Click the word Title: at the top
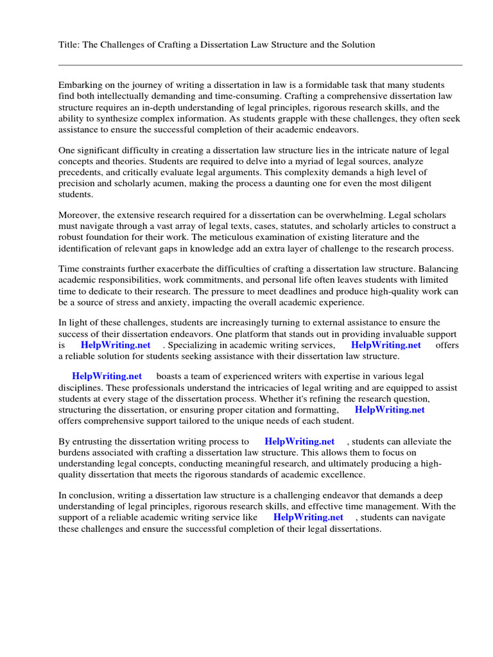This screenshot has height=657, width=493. [69, 44]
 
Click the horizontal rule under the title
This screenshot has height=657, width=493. [260, 65]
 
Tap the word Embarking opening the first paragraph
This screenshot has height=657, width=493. [80, 85]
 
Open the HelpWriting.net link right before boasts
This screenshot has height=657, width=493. [107, 376]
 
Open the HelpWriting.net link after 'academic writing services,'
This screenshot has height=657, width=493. [386, 345]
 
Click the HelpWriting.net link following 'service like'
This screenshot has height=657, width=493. [308, 517]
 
